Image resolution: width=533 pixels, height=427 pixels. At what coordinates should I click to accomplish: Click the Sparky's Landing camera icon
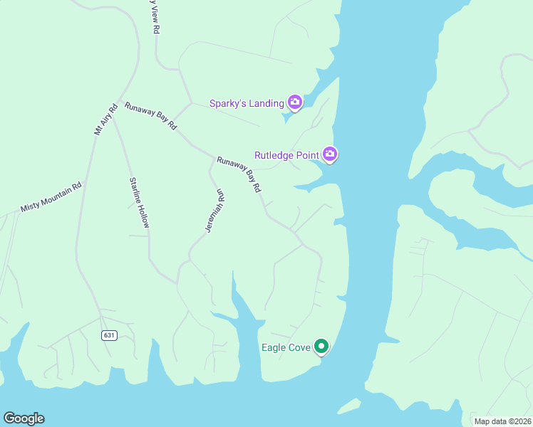click(x=294, y=102)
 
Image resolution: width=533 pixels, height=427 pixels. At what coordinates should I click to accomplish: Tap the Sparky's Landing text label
click(x=247, y=103)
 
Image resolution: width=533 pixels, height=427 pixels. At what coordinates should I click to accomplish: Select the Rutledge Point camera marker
click(x=329, y=154)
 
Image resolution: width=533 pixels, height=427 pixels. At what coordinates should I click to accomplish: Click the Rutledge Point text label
click(x=287, y=154)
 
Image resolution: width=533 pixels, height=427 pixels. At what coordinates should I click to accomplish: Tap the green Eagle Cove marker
click(x=321, y=347)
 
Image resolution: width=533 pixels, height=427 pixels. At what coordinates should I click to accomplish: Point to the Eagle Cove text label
click(x=284, y=348)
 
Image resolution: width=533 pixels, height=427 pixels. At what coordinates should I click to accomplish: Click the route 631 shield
click(x=108, y=335)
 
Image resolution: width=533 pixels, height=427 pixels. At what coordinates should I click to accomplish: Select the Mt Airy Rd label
click(x=105, y=120)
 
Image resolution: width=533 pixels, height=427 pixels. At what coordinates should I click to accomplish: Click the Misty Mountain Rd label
click(x=51, y=197)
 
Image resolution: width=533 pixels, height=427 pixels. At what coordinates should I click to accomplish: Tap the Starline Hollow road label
click(x=139, y=202)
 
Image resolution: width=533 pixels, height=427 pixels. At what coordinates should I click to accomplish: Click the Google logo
click(x=24, y=418)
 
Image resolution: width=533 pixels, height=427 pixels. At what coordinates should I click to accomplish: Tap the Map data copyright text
click(x=503, y=421)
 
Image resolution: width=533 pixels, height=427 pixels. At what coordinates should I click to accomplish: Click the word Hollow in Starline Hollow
click(x=144, y=214)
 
